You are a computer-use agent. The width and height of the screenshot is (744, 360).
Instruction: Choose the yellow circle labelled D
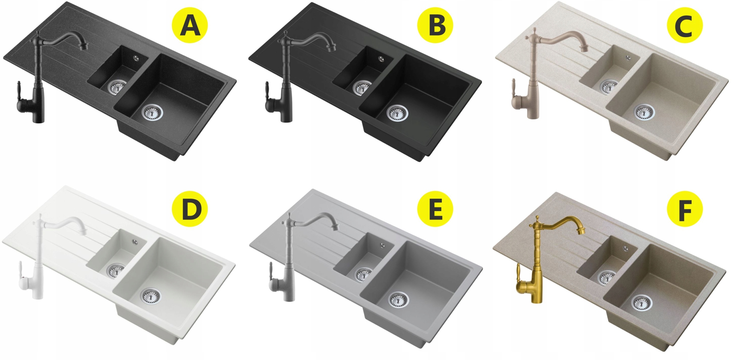(x=190, y=208)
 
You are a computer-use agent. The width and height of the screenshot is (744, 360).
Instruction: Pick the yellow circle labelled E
(x=435, y=208)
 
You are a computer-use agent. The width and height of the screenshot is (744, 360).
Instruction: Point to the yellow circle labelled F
(x=685, y=208)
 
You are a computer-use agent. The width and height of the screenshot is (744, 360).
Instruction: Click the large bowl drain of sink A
(x=153, y=112)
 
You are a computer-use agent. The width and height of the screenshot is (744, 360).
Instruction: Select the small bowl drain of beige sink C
(x=609, y=86)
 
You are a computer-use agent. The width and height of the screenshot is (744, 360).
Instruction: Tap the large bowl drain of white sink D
(x=151, y=296)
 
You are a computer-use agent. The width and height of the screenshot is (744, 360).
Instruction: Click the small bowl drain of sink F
(x=606, y=277)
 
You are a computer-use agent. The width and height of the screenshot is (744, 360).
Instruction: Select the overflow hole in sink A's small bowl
(x=136, y=58)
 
